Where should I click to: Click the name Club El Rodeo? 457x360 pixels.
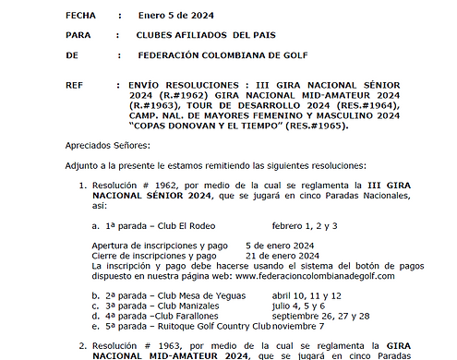[190, 226]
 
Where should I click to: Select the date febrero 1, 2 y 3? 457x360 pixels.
[305, 226]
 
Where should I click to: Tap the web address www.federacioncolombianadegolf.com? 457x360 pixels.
[315, 276]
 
